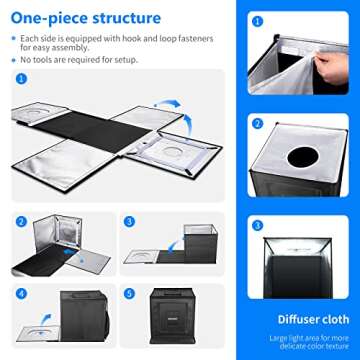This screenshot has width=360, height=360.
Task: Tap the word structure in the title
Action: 125,17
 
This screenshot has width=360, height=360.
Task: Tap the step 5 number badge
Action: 128,295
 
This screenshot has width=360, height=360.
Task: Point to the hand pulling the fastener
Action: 328,63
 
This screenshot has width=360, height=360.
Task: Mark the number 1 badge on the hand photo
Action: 258,20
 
